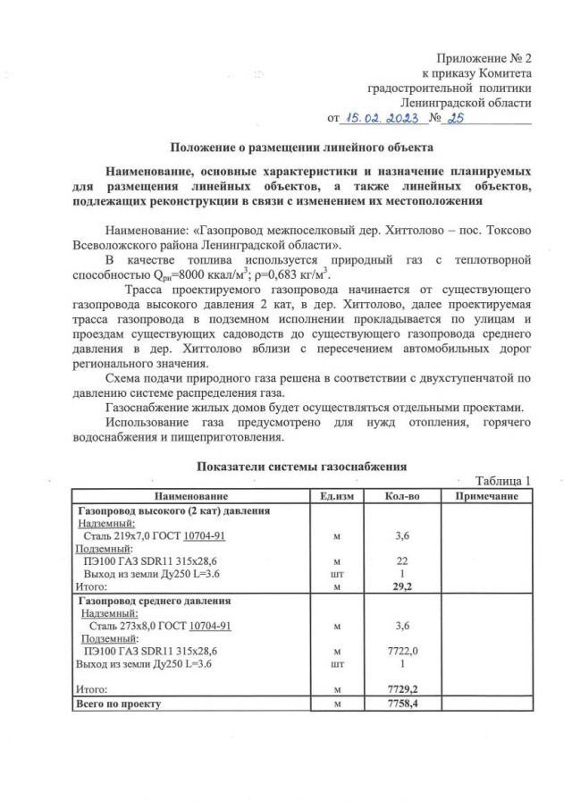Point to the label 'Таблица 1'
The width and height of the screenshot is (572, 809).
pyautogui.click(x=503, y=480)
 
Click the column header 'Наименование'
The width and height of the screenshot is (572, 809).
pyautogui.click(x=190, y=496)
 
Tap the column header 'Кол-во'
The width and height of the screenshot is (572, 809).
pyautogui.click(x=401, y=496)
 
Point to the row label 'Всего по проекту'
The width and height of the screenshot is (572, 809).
pyautogui.click(x=119, y=704)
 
